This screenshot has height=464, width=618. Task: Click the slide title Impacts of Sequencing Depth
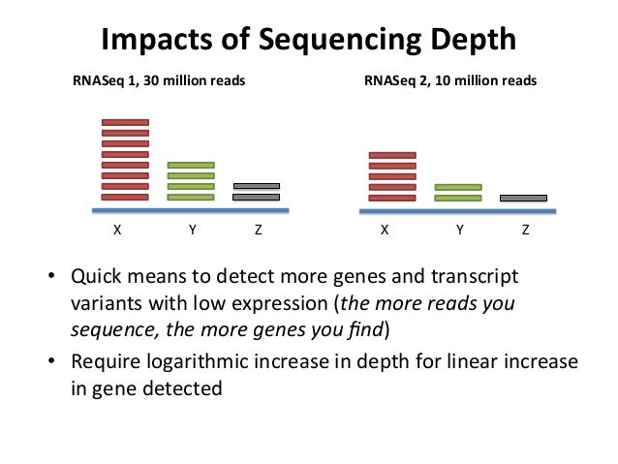[x=309, y=41]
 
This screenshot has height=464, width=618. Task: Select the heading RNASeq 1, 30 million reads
[x=159, y=81]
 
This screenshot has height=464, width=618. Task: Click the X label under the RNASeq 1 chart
[x=116, y=232]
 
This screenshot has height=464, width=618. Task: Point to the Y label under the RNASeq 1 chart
[x=193, y=232]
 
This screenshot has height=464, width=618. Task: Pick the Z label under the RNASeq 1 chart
[x=258, y=232]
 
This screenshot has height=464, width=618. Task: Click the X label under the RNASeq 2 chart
[x=385, y=232]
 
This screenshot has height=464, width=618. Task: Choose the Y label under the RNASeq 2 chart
[x=459, y=232]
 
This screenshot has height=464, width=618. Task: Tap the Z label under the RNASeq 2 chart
[x=525, y=232]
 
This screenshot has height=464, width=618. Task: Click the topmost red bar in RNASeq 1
[x=125, y=123]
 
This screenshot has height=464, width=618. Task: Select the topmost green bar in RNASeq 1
[x=191, y=166]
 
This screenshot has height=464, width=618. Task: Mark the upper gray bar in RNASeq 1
[x=257, y=186]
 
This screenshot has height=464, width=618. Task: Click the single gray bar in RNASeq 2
[x=523, y=198]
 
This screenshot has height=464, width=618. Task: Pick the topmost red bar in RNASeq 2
[x=392, y=155]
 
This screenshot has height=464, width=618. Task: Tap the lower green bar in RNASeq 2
[x=458, y=198]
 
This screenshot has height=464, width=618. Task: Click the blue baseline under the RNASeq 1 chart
[x=190, y=209]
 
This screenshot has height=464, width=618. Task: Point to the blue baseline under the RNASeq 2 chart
[x=457, y=210]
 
